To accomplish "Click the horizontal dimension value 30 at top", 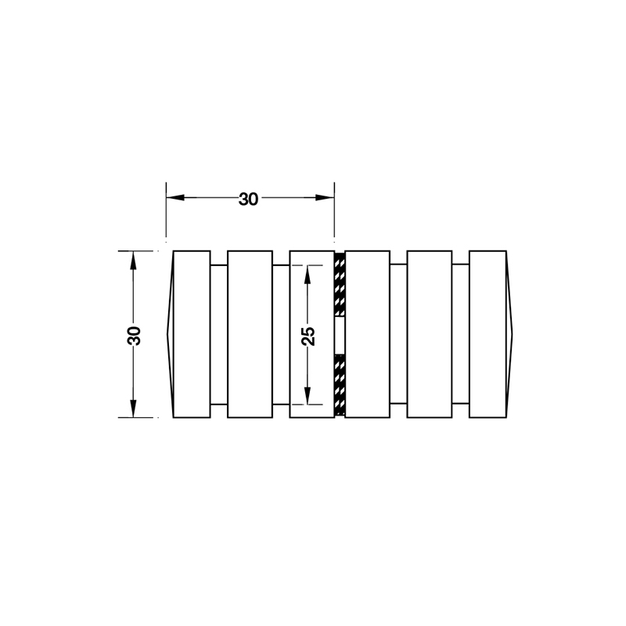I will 248,199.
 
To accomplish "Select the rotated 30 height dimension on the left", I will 134,335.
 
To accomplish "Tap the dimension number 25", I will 308,335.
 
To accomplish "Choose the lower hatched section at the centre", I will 340,384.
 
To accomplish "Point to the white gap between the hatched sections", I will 340,335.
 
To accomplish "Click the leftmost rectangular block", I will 192,334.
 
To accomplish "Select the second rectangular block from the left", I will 250,334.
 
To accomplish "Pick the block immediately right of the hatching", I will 367,334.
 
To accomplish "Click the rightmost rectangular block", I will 487,334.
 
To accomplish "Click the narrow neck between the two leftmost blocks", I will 219,334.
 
